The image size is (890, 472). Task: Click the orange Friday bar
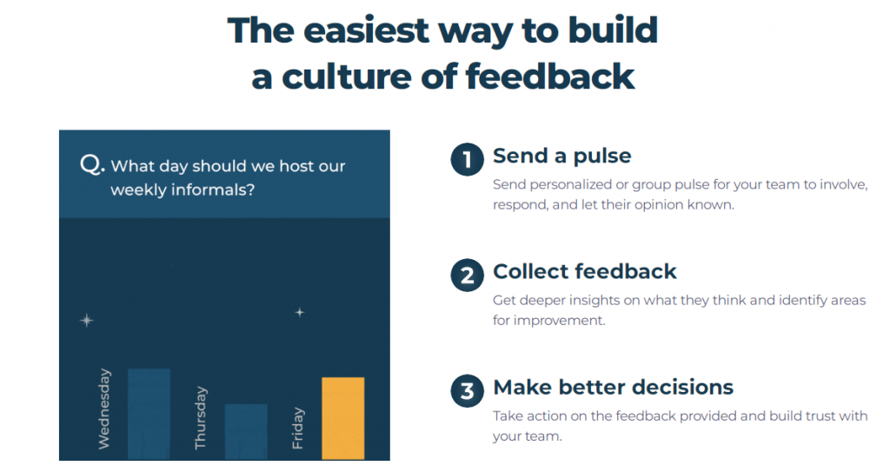[342, 418]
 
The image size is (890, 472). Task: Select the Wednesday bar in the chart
[149, 414]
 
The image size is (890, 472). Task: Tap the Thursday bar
[246, 432]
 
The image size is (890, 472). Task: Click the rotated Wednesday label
[104, 409]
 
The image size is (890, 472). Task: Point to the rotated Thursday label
[201, 418]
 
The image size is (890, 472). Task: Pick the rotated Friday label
[297, 429]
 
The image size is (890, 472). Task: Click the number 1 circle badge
[467, 160]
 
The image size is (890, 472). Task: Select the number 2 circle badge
[467, 276]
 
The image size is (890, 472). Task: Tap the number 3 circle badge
[467, 391]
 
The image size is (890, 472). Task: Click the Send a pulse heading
[562, 156]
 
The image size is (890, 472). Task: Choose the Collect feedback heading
[585, 271]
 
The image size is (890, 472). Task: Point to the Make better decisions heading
[613, 388]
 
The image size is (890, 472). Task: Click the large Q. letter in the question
[92, 164]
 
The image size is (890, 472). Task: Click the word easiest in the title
[366, 30]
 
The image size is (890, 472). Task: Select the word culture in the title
[346, 76]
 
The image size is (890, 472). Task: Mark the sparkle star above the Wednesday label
[86, 321]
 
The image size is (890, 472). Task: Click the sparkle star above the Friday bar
[300, 312]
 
